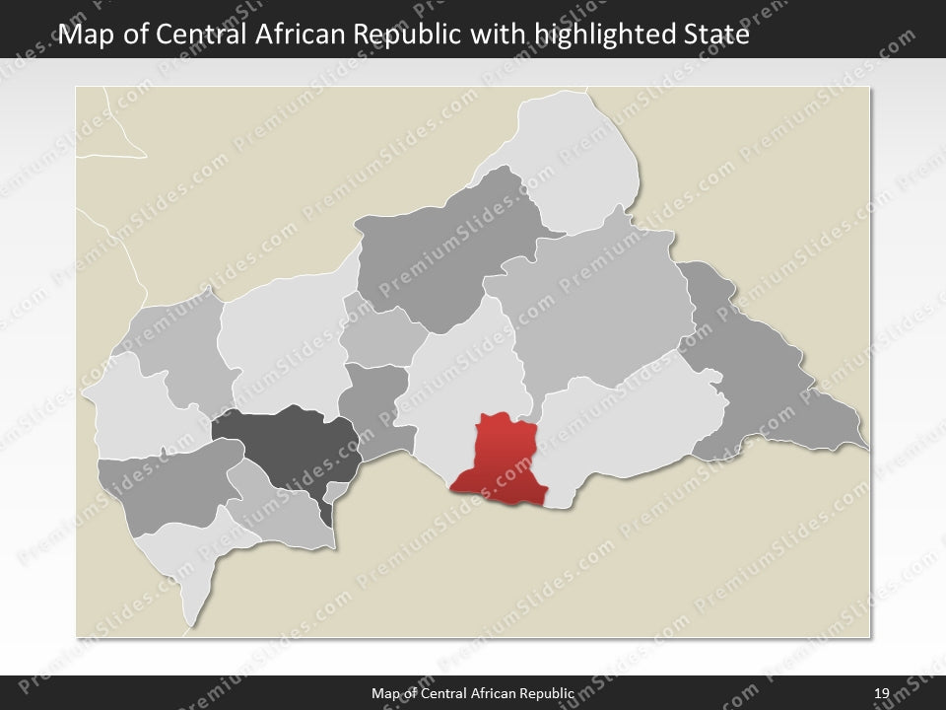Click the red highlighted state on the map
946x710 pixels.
tap(501, 459)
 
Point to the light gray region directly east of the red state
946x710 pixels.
tap(631, 434)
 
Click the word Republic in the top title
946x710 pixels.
tap(403, 35)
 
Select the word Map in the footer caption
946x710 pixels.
tap(385, 694)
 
